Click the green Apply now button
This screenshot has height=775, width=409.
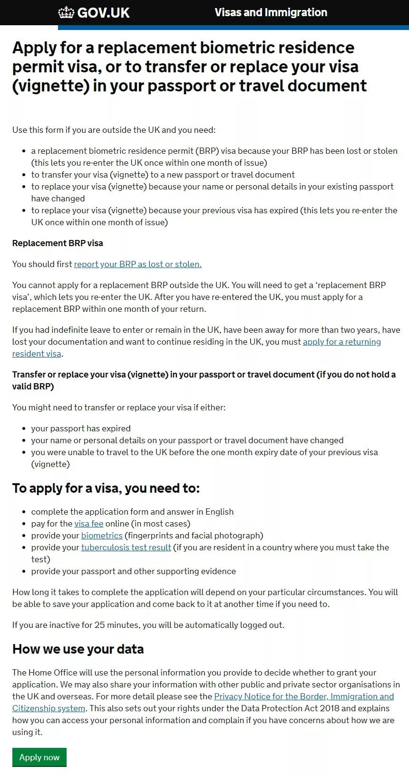click(x=39, y=757)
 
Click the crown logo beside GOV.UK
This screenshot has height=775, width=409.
click(x=66, y=12)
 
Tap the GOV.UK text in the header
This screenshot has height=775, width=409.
click(x=103, y=13)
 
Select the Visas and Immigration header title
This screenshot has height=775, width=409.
click(x=271, y=12)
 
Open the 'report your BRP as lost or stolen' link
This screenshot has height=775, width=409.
click(x=137, y=264)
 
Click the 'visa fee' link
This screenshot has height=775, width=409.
click(x=89, y=524)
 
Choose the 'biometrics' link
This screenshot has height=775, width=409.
click(x=102, y=536)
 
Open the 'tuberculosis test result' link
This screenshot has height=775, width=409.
click(x=126, y=547)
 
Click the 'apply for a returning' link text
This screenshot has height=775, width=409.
click(x=341, y=342)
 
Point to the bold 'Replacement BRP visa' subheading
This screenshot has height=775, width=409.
click(x=58, y=243)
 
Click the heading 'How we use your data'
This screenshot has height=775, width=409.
click(x=78, y=649)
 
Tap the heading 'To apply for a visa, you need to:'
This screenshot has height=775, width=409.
click(x=106, y=488)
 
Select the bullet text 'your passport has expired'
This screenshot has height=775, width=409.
click(x=81, y=428)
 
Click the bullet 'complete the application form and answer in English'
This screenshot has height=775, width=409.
click(x=132, y=512)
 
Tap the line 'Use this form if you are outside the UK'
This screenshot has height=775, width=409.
click(x=114, y=130)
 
